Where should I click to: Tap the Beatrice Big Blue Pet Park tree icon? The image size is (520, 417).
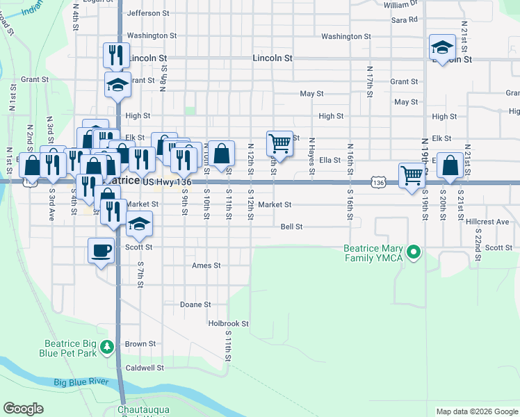tap(107, 346)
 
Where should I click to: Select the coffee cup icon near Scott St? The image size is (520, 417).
tap(101, 250)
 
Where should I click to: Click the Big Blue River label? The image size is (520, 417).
tap(81, 382)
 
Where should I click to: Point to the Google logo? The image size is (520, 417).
tap(24, 409)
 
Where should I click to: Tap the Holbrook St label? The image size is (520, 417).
tap(228, 323)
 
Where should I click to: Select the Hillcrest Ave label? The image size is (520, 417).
tap(488, 222)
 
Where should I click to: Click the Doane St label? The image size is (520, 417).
tap(195, 304)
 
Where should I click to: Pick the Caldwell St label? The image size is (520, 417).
tap(143, 367)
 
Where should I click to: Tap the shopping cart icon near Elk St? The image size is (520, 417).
tap(279, 143)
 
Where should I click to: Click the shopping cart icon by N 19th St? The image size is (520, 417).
tap(412, 174)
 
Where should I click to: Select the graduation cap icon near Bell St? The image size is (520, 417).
tap(140, 224)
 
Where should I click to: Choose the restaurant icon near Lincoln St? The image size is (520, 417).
tap(117, 55)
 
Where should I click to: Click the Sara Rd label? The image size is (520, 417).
tap(404, 20)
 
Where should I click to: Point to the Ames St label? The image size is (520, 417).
tap(206, 265)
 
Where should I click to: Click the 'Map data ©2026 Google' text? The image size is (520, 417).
tap(476, 411)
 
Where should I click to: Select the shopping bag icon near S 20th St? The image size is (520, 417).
tap(450, 165)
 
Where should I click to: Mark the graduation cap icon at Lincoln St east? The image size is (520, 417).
tap(442, 48)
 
